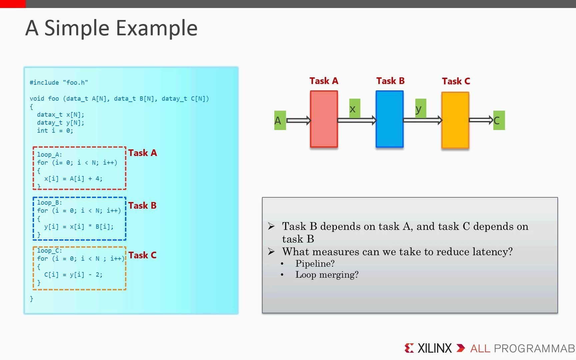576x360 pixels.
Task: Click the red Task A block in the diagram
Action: coord(324,119)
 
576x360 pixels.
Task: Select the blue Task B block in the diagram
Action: coord(389,119)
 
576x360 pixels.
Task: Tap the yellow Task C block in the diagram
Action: coord(455,120)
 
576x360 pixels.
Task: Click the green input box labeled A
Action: coord(280,120)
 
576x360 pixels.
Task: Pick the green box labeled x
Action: coord(354,108)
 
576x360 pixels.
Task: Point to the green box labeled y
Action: coord(420,108)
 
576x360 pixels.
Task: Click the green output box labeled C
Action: coord(499,120)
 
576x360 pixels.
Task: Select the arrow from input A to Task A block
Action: coord(298,120)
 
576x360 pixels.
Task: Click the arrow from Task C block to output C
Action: coord(481,120)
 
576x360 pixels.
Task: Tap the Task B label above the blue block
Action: coord(390,81)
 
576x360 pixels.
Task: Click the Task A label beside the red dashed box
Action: coord(142,153)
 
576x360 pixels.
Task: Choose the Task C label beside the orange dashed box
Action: coord(142,255)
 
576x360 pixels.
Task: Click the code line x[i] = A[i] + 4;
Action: coord(73,179)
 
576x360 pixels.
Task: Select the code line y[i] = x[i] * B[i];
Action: coord(79,227)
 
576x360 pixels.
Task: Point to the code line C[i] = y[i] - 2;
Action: coord(73,275)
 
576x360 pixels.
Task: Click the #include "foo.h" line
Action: coord(59,82)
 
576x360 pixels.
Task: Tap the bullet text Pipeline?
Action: coord(315,264)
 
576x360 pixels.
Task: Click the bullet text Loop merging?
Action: coord(327,275)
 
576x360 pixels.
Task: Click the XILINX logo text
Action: coord(434,348)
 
